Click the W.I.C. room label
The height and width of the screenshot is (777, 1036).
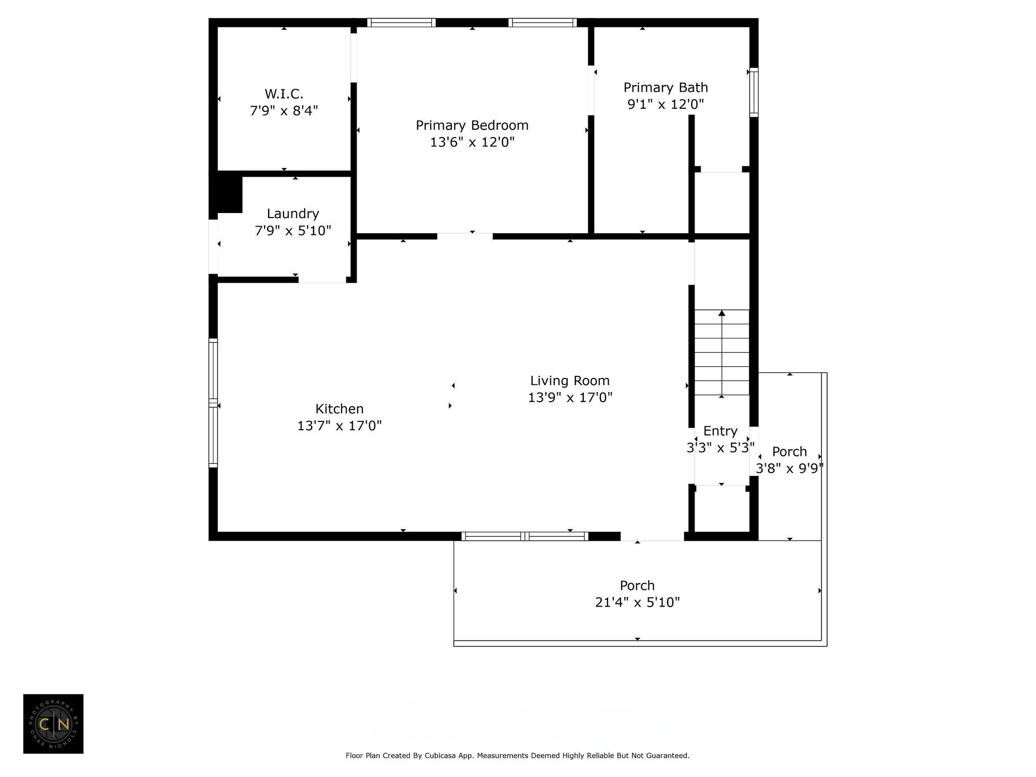click(x=284, y=94)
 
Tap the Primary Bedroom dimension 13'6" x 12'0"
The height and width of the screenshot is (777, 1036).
click(x=472, y=142)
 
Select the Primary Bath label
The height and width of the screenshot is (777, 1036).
click(x=665, y=88)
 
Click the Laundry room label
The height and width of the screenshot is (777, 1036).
click(x=293, y=213)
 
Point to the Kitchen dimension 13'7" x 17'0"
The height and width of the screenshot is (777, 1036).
click(x=339, y=425)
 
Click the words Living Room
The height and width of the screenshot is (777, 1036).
click(x=570, y=380)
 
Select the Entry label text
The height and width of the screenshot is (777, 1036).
click(x=720, y=431)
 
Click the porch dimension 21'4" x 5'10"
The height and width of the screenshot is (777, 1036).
click(x=637, y=602)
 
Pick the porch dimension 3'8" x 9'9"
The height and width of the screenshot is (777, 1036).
click(x=789, y=468)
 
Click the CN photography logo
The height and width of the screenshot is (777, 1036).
click(x=53, y=724)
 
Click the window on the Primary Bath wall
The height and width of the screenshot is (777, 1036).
click(x=754, y=92)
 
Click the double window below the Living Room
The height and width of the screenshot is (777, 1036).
click(x=525, y=536)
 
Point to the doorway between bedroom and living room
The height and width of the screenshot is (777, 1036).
click(x=464, y=236)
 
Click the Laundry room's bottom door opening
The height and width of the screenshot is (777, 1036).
click(x=322, y=280)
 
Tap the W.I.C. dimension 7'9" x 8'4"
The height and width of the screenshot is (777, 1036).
click(x=284, y=110)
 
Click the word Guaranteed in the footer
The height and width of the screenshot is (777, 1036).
click(x=666, y=756)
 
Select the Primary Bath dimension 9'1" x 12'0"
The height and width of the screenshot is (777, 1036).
click(x=665, y=104)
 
